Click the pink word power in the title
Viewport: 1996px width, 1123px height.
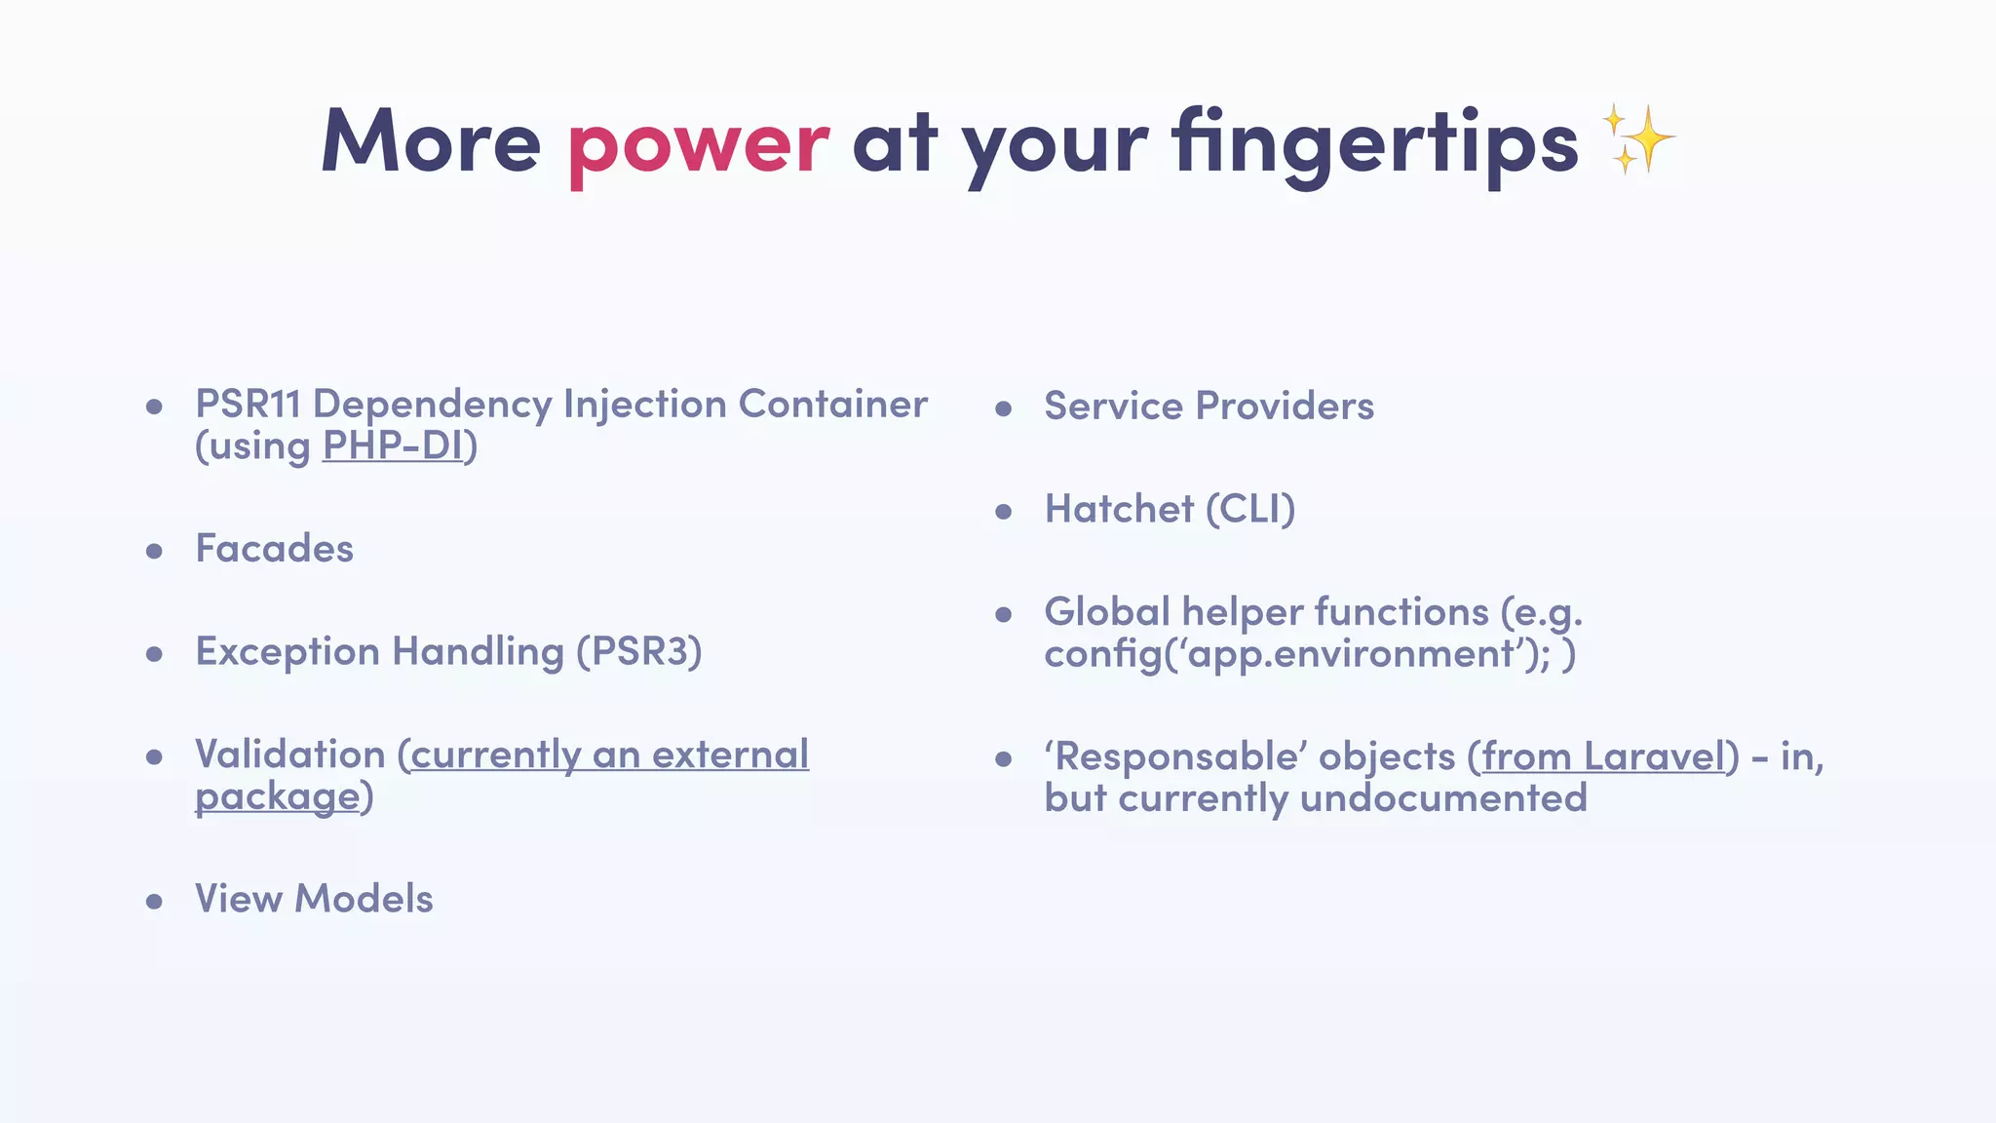click(x=698, y=144)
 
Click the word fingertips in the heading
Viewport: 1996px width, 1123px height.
click(x=1374, y=144)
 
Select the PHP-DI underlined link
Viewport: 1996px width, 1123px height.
click(x=393, y=446)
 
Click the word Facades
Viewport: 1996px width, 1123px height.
click(x=274, y=549)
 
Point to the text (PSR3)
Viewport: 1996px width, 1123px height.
click(x=639, y=651)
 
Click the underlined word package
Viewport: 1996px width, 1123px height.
click(x=278, y=797)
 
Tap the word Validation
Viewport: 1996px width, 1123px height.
click(x=290, y=755)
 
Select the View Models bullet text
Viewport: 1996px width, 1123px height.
click(x=314, y=899)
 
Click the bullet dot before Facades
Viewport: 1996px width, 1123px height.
click(x=154, y=552)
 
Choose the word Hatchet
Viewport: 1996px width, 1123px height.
click(x=1119, y=509)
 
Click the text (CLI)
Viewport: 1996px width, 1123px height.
click(x=1250, y=509)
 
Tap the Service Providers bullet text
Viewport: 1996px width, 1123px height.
click(x=1209, y=407)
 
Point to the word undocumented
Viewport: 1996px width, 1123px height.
click(x=1443, y=798)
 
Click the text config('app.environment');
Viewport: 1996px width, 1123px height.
click(x=1296, y=654)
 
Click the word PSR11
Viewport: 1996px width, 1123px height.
click(x=248, y=405)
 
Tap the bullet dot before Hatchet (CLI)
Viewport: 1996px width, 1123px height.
click(x=1004, y=512)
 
